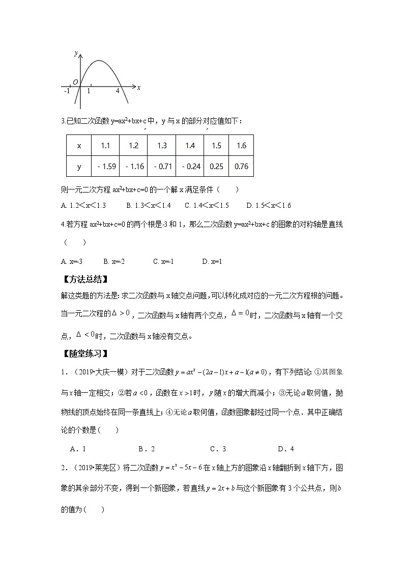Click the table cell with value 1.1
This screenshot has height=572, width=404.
(x=105, y=146)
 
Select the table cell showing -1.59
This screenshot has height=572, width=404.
(x=105, y=166)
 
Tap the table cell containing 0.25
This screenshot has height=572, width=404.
(x=216, y=166)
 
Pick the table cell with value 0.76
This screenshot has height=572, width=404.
(x=241, y=166)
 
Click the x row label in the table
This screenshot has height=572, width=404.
(x=79, y=146)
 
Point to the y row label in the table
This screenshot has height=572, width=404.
(x=79, y=166)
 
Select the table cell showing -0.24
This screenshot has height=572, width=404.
(x=190, y=166)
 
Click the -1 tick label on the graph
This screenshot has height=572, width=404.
(x=67, y=91)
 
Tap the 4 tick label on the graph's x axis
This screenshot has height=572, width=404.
(x=118, y=91)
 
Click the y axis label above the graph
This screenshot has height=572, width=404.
(x=75, y=53)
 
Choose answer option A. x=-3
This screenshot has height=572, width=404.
(x=72, y=261)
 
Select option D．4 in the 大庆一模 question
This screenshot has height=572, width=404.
(x=286, y=449)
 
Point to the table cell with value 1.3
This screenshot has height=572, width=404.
(x=162, y=146)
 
